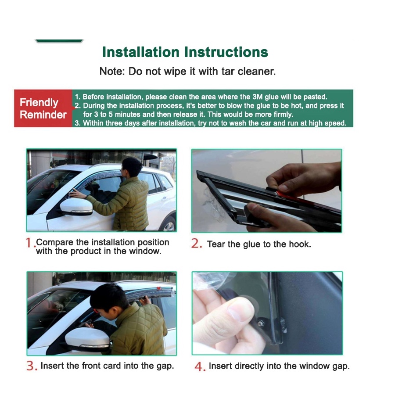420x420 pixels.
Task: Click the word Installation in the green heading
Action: [x=141, y=52]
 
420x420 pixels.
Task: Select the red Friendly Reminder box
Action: [x=43, y=108]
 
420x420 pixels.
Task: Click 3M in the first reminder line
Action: [x=258, y=97]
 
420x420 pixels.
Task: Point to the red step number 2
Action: [x=196, y=244]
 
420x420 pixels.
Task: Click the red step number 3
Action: [x=31, y=366]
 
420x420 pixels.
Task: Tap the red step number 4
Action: [x=199, y=366]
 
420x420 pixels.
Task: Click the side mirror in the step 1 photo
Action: [x=76, y=207]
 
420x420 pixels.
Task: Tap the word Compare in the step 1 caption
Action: [x=55, y=242]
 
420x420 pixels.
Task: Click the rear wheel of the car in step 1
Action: [x=169, y=226]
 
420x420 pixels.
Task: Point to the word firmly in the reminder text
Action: [x=282, y=115]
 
